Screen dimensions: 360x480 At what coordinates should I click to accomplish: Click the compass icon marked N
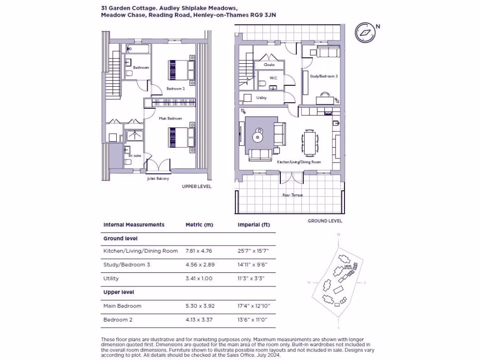tap(365, 33)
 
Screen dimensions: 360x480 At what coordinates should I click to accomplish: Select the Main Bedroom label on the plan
tap(170, 119)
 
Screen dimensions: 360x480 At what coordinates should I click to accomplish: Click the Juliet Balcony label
tap(158, 179)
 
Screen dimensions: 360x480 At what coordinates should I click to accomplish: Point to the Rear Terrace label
tap(292, 195)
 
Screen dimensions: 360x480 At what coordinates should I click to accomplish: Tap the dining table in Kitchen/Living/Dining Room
tap(309, 142)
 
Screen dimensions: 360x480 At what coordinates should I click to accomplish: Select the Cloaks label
tap(269, 65)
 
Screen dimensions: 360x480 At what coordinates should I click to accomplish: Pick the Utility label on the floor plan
tap(261, 98)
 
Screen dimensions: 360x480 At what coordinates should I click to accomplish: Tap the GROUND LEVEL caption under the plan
tap(325, 221)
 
